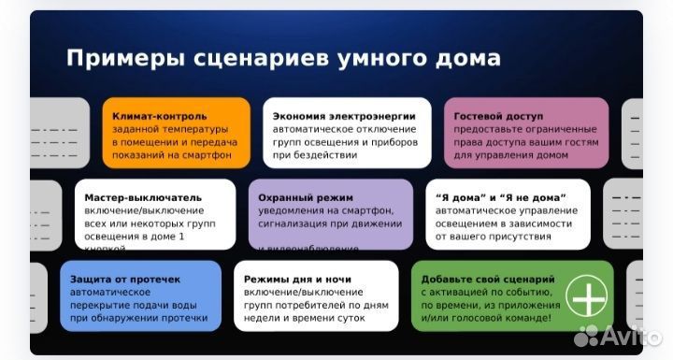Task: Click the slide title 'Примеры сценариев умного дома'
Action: pyautogui.click(x=283, y=58)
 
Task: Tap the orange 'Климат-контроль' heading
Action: pyautogui.click(x=154, y=115)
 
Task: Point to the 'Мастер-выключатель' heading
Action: pyautogui.click(x=142, y=198)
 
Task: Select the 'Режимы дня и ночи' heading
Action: pyautogui.click(x=298, y=279)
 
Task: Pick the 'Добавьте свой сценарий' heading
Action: pyautogui.click(x=488, y=279)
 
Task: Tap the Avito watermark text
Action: pyautogui.click(x=627, y=335)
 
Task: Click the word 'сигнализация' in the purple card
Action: pyautogui.click(x=302, y=224)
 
